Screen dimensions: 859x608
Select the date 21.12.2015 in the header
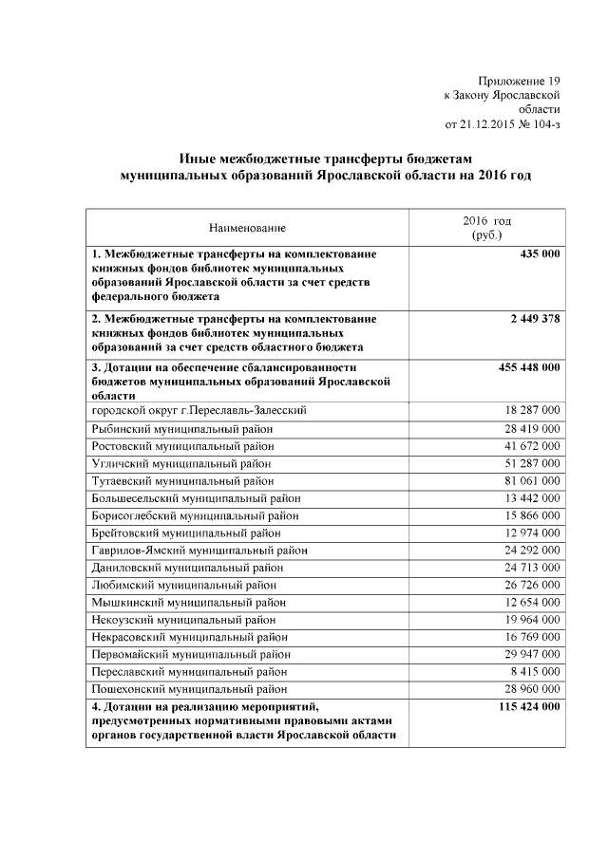coord(488,123)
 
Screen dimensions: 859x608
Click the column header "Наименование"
coord(247,228)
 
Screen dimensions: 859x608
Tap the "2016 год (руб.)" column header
coord(485,228)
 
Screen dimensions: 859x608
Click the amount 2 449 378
coord(530,319)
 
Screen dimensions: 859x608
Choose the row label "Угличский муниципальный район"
coord(181,464)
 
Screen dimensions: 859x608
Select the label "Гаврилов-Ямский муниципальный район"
coord(199,551)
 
